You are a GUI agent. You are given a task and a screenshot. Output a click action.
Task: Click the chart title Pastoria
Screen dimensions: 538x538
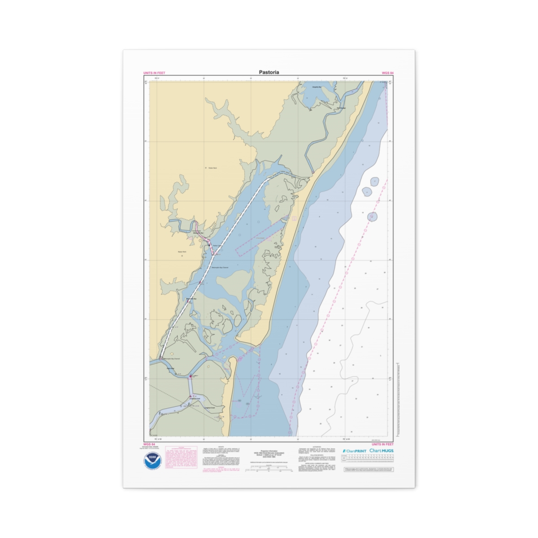pos(269,72)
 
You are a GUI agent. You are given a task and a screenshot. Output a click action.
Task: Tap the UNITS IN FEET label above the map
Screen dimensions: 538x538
pos(154,73)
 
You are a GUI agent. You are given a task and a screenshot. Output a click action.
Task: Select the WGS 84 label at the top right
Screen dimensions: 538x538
pos(387,73)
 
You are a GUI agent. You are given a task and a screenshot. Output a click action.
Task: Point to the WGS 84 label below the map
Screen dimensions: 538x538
pos(149,444)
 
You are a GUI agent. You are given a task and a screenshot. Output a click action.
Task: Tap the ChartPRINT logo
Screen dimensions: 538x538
pos(354,451)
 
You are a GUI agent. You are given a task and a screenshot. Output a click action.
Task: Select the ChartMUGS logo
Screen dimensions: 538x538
pos(382,451)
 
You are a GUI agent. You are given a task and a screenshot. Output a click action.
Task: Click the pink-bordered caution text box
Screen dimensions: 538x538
pos(181,458)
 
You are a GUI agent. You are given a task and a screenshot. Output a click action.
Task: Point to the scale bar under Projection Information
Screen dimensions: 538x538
pos(269,468)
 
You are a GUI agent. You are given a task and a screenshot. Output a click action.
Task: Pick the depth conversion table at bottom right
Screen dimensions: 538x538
pos(368,459)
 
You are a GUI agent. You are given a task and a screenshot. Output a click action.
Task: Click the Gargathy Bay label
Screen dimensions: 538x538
pos(317,87)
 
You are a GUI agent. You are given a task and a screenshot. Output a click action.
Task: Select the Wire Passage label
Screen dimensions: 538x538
pos(341,108)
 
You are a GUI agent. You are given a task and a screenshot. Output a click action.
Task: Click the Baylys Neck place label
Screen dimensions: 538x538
pos(182,252)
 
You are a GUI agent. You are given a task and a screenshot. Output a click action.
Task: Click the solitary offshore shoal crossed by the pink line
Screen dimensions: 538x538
pos(372,217)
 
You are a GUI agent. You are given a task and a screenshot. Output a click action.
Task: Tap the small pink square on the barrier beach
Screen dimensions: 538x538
pos(295,218)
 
